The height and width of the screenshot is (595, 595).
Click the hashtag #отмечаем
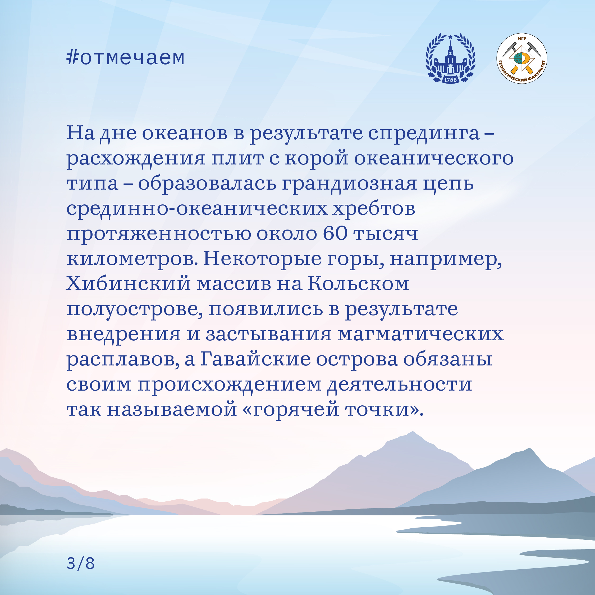click(x=126, y=58)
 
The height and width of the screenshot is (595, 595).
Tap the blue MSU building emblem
click(x=450, y=58)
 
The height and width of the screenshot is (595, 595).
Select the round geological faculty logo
click(x=522, y=58)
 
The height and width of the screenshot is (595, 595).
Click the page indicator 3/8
click(x=80, y=563)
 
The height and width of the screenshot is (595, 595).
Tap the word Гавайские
click(x=255, y=359)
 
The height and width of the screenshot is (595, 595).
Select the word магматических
click(x=420, y=335)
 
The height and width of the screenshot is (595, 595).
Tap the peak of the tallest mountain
click(x=412, y=432)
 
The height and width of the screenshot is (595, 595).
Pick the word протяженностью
click(x=159, y=234)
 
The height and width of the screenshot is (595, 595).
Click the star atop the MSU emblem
click(x=450, y=37)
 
